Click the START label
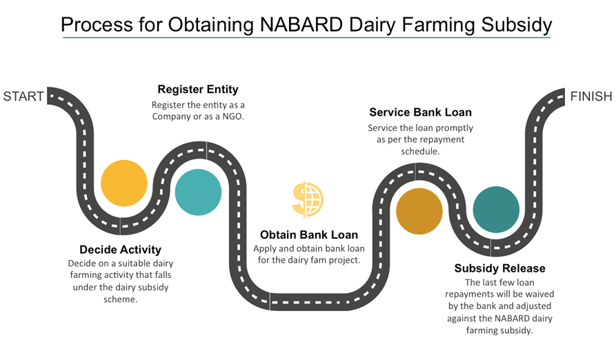(x=23, y=96)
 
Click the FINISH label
(x=591, y=97)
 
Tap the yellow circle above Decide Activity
(x=124, y=183)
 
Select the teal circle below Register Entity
(x=198, y=192)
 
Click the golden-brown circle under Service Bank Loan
(x=419, y=211)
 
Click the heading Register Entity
(x=198, y=89)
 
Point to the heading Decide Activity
(x=120, y=250)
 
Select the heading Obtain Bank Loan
(x=308, y=234)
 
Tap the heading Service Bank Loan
(x=420, y=112)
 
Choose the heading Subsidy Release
(x=499, y=268)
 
